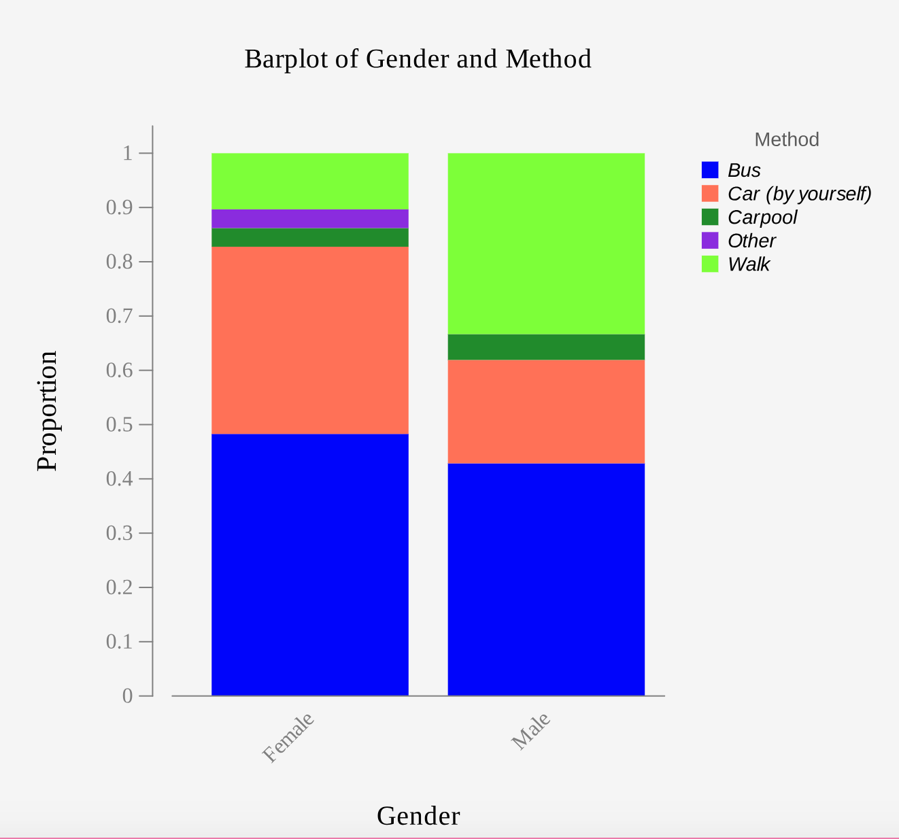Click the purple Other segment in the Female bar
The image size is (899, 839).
(x=310, y=218)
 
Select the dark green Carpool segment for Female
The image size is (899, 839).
(x=310, y=237)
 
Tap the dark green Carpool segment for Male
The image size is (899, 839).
(x=546, y=347)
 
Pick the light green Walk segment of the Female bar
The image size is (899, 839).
(x=310, y=181)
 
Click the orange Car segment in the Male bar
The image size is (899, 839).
(x=546, y=411)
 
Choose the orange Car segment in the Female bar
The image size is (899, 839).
(x=310, y=340)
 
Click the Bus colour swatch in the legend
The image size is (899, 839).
(x=710, y=170)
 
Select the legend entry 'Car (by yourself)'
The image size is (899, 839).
(x=799, y=194)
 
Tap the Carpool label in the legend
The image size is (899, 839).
(x=762, y=218)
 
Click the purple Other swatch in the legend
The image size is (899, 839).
(x=710, y=241)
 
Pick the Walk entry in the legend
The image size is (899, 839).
(x=748, y=264)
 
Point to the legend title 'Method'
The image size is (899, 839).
(x=786, y=139)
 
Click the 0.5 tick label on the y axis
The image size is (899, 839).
(x=119, y=424)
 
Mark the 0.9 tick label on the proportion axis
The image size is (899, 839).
(x=119, y=207)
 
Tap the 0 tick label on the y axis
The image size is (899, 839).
(x=127, y=696)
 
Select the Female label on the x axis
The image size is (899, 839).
(x=288, y=738)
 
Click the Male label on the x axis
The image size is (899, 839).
(x=530, y=732)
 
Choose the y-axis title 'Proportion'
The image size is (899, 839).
(x=48, y=411)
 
